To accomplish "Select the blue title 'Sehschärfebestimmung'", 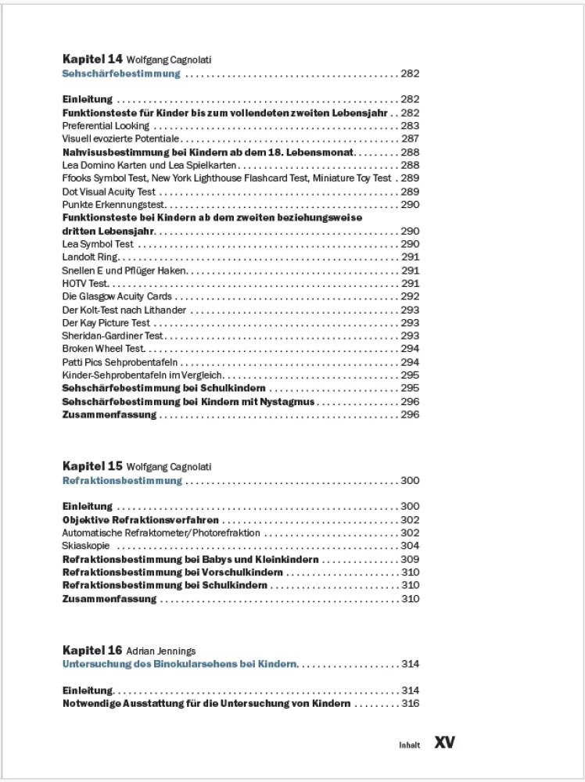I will pyautogui.click(x=121, y=74).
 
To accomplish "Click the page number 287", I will pyautogui.click(x=410, y=139).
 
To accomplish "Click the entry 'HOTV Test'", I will pyautogui.click(x=85, y=284).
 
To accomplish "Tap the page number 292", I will pyautogui.click(x=410, y=297).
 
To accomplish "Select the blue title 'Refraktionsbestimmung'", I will pyautogui.click(x=122, y=481).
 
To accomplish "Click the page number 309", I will pyautogui.click(x=410, y=560).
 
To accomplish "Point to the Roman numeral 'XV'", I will pyautogui.click(x=444, y=742).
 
